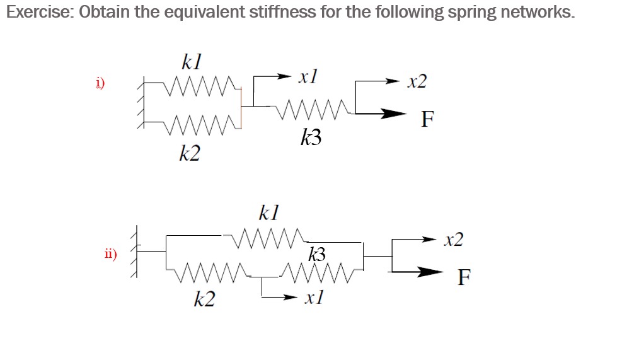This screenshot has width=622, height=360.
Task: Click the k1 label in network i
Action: coord(190,62)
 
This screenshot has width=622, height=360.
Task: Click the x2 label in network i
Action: coord(417,81)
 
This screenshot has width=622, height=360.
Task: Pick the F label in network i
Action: coord(428,119)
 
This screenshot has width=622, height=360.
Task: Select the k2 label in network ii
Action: coord(204,299)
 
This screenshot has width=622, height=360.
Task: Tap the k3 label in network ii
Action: coord(317,254)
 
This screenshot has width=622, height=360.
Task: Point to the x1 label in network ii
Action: coord(313,298)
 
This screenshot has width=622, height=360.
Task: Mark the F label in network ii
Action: coord(464,277)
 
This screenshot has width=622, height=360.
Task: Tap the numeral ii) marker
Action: coord(110,255)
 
